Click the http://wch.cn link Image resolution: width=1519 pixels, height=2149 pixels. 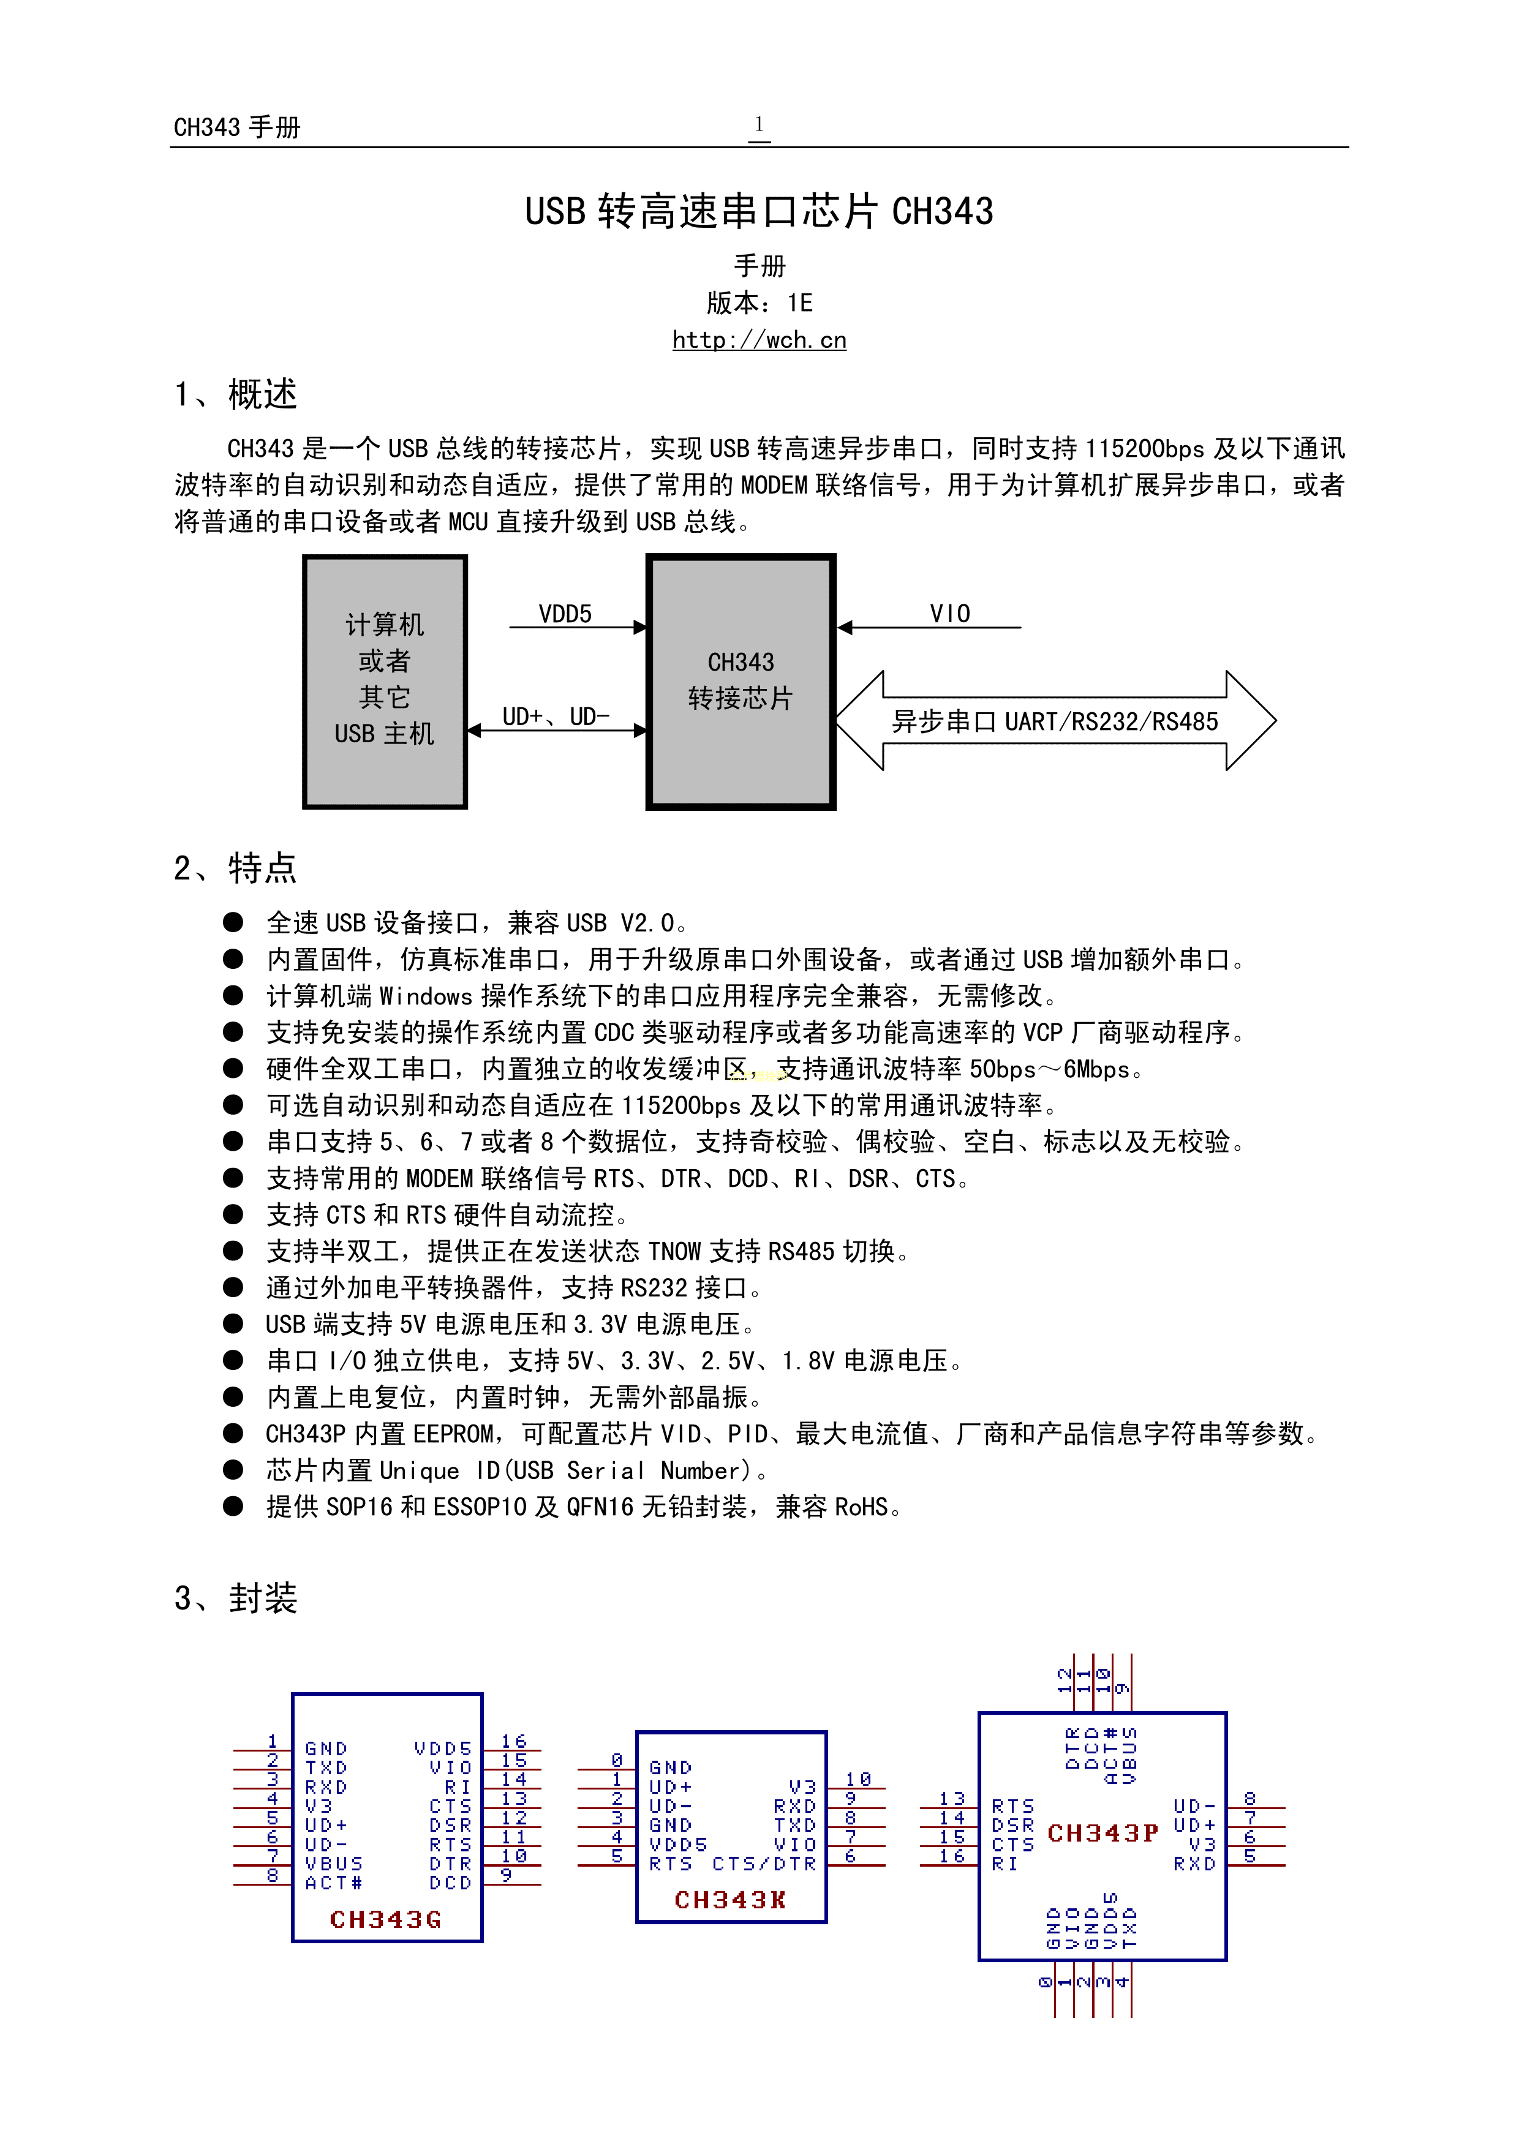click(x=759, y=340)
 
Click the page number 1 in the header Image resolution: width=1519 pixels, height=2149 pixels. click(x=759, y=124)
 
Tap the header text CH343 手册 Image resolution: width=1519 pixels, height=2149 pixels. click(x=237, y=127)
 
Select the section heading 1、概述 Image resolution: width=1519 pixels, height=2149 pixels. click(x=235, y=394)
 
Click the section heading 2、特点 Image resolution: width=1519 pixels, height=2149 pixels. click(x=235, y=868)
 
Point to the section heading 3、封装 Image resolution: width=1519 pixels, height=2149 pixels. click(x=235, y=1598)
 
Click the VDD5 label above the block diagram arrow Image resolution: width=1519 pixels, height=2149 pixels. click(x=565, y=614)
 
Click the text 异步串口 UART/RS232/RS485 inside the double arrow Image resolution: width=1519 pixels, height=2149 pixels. click(x=1055, y=721)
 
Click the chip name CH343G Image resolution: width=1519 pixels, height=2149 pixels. click(x=385, y=1920)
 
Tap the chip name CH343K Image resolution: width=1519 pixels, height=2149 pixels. click(x=730, y=1900)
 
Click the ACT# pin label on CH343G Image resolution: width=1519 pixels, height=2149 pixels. click(x=333, y=1882)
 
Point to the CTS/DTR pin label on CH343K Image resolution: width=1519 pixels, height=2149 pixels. click(x=764, y=1864)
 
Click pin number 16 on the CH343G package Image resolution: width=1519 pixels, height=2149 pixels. click(x=514, y=1741)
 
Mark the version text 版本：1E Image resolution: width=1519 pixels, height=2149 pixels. click(x=759, y=303)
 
